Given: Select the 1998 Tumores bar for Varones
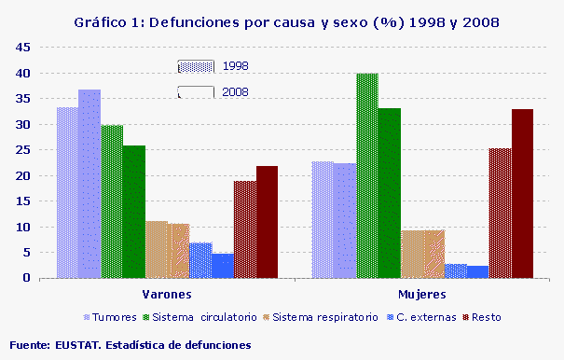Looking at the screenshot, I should pyautogui.click(x=67, y=192).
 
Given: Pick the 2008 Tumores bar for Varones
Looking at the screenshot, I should pyautogui.click(x=89, y=184).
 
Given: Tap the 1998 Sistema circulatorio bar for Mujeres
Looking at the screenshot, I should pyautogui.click(x=367, y=175).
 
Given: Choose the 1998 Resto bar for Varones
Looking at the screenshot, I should pyautogui.click(x=245, y=229).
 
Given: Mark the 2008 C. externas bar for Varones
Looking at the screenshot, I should pyautogui.click(x=223, y=266).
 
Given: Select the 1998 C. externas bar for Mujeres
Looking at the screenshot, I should pyautogui.click(x=456, y=270).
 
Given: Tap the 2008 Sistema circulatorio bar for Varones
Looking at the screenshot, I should pyautogui.click(x=134, y=212).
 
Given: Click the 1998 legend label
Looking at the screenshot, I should pyautogui.click(x=235, y=66).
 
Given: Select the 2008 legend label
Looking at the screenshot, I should pyautogui.click(x=235, y=91).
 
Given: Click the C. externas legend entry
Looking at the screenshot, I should pyautogui.click(x=426, y=317).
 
